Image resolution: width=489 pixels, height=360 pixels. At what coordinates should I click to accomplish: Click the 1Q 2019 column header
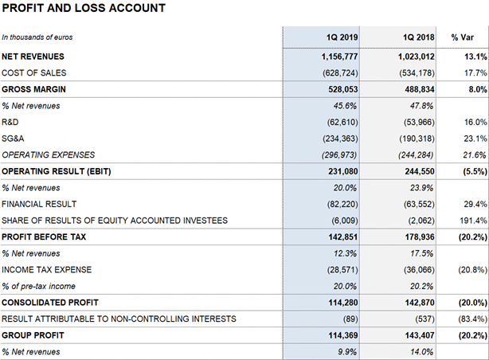(342, 37)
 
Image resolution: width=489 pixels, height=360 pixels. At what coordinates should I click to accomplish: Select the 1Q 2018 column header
(419, 37)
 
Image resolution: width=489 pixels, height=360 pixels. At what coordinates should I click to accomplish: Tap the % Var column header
(462, 37)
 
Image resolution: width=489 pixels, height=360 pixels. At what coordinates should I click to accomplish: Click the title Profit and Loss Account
(84, 8)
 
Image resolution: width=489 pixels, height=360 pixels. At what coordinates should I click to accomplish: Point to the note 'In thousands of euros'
(37, 37)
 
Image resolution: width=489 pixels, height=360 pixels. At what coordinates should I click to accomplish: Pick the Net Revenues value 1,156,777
(339, 57)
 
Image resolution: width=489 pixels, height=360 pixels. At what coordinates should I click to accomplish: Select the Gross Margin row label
(33, 89)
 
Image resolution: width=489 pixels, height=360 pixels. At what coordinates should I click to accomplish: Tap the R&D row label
(10, 122)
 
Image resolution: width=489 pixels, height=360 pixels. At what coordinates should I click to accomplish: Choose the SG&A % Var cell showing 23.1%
(475, 139)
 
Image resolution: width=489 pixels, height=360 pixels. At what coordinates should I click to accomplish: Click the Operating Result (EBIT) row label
(57, 171)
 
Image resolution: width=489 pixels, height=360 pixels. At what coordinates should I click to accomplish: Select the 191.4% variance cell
(473, 221)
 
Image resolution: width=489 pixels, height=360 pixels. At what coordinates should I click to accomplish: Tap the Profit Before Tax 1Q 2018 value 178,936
(420, 237)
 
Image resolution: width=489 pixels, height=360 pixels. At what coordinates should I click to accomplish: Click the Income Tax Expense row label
(47, 269)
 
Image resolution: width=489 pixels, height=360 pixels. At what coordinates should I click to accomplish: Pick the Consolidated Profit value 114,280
(343, 303)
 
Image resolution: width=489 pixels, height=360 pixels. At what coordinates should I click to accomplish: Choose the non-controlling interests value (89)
(350, 319)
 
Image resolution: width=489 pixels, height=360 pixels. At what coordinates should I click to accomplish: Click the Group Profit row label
(33, 335)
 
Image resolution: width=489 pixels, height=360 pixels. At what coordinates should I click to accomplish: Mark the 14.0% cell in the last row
(421, 352)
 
